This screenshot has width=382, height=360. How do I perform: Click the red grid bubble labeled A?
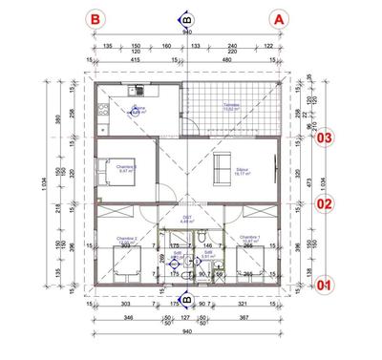pyautogui.click(x=279, y=18)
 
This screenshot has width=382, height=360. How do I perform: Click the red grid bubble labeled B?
pyautogui.click(x=95, y=18)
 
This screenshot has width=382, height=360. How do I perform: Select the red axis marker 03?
pyautogui.click(x=326, y=138)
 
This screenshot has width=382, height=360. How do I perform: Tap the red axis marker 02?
pyautogui.click(x=326, y=202)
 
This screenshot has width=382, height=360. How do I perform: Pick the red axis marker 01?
pyautogui.click(x=326, y=284)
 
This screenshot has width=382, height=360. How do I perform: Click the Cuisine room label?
pyautogui.click(x=139, y=110)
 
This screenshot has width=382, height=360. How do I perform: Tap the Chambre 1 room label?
pyautogui.click(x=250, y=239)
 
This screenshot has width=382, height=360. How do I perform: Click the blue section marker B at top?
pyautogui.click(x=186, y=17)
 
